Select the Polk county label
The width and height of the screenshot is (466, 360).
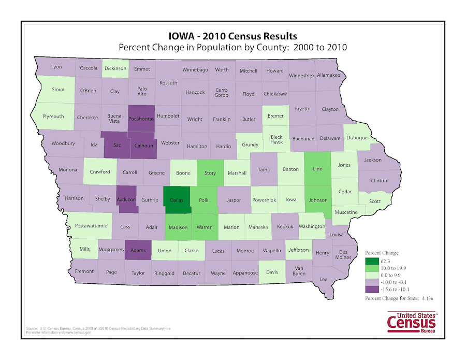click(203, 200)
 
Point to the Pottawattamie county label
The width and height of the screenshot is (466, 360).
click(91, 226)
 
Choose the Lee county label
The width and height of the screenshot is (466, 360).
click(324, 279)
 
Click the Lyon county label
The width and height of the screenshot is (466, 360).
click(56, 67)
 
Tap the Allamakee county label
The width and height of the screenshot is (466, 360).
click(328, 75)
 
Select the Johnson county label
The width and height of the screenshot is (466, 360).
click(318, 200)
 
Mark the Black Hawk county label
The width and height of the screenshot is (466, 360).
click(276, 139)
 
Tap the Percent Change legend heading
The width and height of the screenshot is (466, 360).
click(382, 253)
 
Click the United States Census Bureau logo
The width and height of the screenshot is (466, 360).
click(413, 322)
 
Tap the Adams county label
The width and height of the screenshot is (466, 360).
click(138, 251)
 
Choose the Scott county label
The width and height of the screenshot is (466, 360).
click(375, 201)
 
